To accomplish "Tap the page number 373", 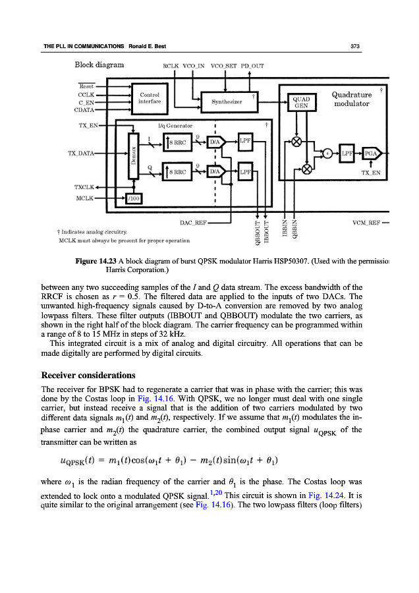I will coord(354,46).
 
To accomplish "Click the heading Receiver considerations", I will coord(88,375).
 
